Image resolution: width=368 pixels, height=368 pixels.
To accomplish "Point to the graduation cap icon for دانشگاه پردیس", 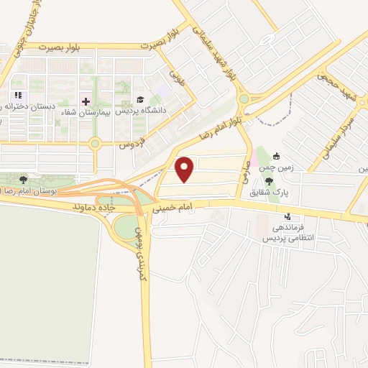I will pyautogui.click(x=139, y=99).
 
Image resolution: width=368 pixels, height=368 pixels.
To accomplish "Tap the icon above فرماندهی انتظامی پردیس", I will pyautogui.click(x=288, y=216).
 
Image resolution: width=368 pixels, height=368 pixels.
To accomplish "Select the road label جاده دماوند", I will pyautogui.click(x=94, y=206).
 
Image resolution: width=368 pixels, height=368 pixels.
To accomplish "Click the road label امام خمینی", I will pyautogui.click(x=172, y=208).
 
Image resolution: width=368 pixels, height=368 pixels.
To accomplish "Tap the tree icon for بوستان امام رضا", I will pyautogui.click(x=24, y=180).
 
